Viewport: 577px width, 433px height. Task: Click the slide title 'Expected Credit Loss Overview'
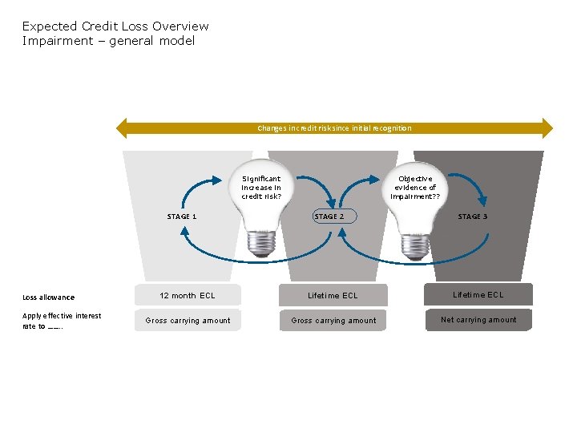click(115, 26)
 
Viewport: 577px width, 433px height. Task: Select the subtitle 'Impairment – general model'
click(108, 41)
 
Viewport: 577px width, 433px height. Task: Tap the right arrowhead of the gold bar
click(547, 128)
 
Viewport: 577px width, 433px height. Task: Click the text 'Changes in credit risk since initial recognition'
click(334, 128)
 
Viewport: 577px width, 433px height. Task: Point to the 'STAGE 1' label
click(182, 216)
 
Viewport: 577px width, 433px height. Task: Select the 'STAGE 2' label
click(329, 216)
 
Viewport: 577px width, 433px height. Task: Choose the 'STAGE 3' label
click(473, 216)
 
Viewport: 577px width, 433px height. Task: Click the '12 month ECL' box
click(188, 296)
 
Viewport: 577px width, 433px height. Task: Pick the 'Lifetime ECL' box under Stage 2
click(333, 296)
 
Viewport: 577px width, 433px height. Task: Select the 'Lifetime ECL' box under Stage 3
click(478, 295)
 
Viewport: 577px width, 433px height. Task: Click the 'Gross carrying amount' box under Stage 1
click(188, 321)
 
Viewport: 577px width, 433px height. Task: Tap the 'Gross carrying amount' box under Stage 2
click(333, 321)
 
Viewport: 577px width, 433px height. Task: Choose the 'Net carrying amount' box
click(478, 320)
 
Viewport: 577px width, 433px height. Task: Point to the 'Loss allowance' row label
click(49, 297)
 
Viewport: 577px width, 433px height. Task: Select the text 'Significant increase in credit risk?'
click(261, 188)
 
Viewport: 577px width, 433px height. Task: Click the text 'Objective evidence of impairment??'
click(415, 188)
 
